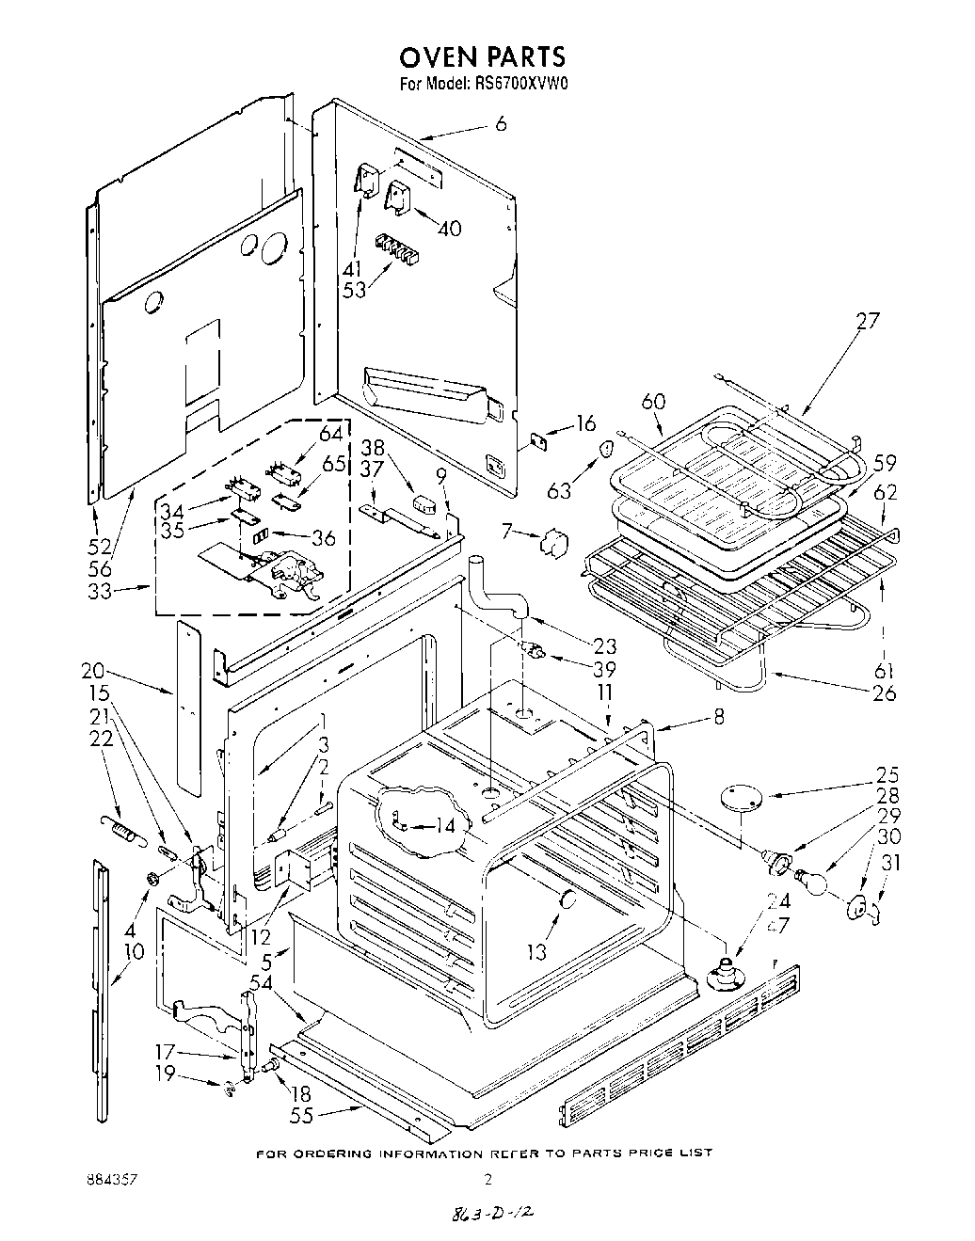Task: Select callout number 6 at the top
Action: point(500,123)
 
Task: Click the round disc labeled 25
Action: point(741,796)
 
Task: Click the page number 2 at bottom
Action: point(487,1178)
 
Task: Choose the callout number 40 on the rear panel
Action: point(449,229)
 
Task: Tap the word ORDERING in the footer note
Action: point(333,1153)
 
